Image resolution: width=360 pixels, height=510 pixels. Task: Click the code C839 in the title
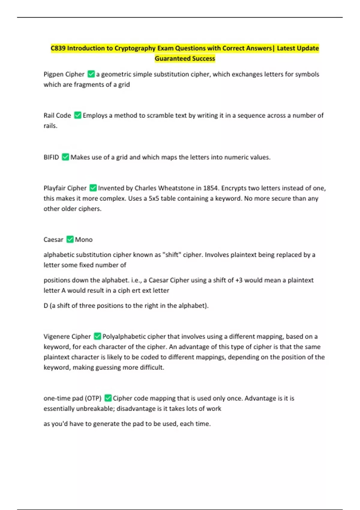(x=58, y=48)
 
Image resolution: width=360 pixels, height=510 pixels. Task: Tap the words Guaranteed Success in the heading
(x=185, y=58)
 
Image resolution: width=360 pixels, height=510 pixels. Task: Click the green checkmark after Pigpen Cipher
(x=91, y=74)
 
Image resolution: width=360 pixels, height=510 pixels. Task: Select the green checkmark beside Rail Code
(x=78, y=115)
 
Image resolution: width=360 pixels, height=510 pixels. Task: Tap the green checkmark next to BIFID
(x=65, y=157)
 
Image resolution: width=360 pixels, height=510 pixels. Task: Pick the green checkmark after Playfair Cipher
(x=93, y=188)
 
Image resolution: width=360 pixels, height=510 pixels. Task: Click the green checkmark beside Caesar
(x=70, y=239)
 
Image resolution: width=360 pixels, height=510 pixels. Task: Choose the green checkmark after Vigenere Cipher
(x=97, y=336)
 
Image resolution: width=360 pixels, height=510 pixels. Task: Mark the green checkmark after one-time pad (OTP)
(x=108, y=398)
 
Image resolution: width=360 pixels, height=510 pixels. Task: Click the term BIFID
(x=51, y=157)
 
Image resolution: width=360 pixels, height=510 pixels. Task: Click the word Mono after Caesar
(x=84, y=240)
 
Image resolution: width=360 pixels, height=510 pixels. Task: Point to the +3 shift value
(x=239, y=280)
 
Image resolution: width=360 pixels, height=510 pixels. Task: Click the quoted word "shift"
(x=172, y=255)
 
